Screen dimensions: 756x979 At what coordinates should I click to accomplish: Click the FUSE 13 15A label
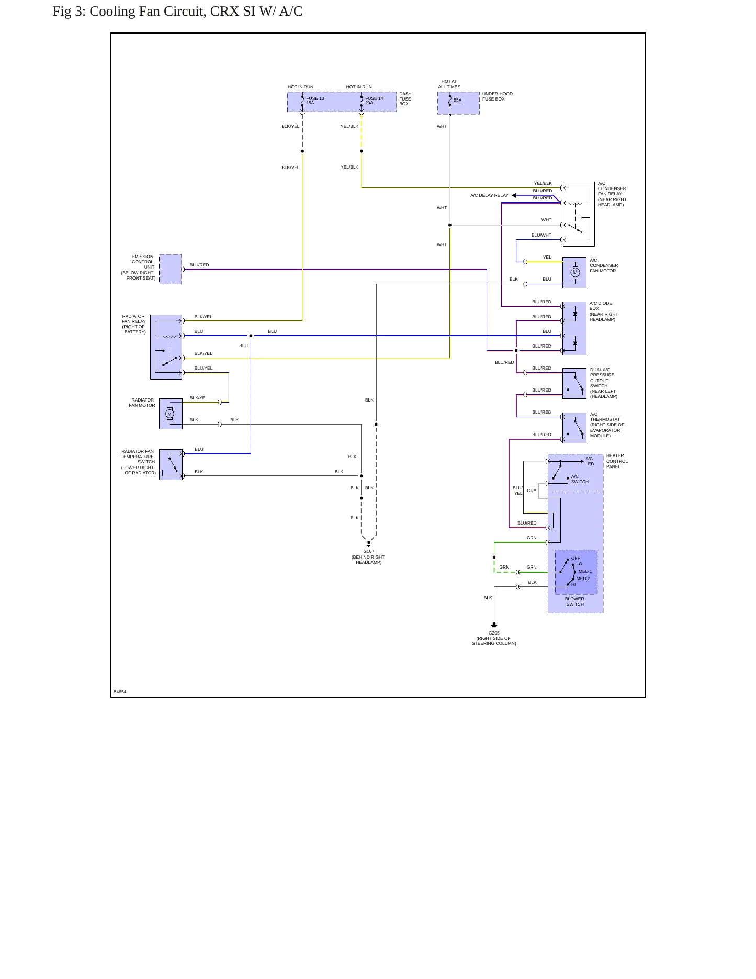pos(315,101)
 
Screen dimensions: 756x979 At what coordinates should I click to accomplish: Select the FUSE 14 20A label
pos(374,101)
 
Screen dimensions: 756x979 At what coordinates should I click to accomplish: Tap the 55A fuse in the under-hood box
pos(450,101)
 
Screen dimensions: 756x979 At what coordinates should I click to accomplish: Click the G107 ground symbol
pos(369,544)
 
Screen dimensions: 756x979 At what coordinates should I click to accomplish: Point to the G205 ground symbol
pos(494,625)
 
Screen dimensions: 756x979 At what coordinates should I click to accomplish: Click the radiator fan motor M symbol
pos(170,414)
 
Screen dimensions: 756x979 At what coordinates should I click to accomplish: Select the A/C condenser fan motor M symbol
pos(575,272)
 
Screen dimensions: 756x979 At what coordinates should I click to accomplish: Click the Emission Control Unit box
pos(170,269)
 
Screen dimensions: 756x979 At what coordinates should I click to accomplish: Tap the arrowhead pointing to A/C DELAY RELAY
pos(514,195)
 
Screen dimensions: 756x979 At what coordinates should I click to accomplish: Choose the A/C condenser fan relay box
pos(579,214)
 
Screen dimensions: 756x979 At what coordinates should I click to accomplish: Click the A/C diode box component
pos(574,328)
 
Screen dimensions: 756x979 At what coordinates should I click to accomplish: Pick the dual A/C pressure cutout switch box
pos(574,384)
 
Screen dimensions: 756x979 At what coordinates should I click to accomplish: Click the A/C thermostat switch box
pos(574,428)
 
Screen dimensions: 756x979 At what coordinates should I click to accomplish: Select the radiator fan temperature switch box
pos(171,464)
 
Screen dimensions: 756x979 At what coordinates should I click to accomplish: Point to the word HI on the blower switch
pos(573,584)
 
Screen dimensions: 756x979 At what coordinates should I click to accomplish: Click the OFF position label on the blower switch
pos(576,558)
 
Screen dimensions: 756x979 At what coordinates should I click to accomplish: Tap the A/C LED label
pos(590,461)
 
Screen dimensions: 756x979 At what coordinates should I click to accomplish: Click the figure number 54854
pos(120,692)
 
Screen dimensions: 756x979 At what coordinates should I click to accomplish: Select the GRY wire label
pos(532,491)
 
